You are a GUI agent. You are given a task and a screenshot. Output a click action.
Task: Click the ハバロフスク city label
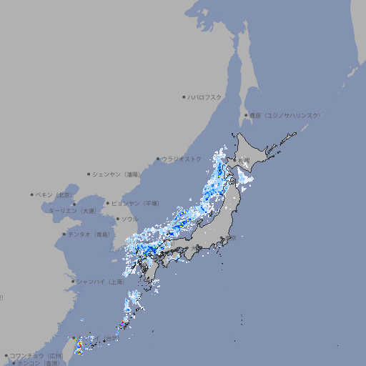[204, 97]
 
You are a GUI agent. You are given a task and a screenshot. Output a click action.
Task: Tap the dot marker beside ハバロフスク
[184, 97]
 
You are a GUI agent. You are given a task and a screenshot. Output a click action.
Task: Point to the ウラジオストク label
[182, 159]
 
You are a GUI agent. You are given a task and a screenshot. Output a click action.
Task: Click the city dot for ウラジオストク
[158, 159]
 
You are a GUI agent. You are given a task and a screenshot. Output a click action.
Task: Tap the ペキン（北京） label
[54, 194]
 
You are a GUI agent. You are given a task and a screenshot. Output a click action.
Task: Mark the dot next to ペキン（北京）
[32, 194]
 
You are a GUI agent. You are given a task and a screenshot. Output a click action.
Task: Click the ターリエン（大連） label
[72, 211]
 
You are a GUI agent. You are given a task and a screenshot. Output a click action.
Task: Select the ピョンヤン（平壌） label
[135, 203]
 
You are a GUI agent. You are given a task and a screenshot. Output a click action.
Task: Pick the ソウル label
[129, 219]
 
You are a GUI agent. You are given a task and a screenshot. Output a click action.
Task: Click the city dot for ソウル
[117, 219]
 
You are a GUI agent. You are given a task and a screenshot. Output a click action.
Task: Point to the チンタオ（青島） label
[89, 234]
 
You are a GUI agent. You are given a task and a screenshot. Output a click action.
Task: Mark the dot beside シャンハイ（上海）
[73, 282]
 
